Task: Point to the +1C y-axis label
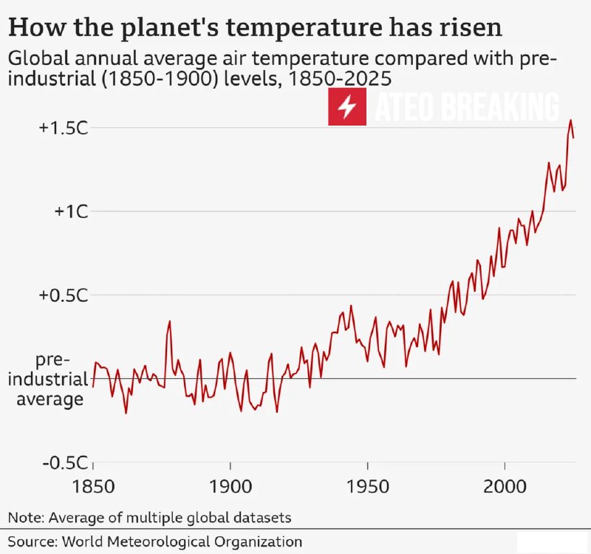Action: pos(71,211)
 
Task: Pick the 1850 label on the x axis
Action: pos(94,489)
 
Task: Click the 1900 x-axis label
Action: pos(230,489)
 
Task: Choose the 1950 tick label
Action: pos(367,489)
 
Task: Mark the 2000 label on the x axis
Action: pos(504,489)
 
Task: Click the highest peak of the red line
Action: pos(570,120)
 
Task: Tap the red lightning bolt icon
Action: pos(347,108)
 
